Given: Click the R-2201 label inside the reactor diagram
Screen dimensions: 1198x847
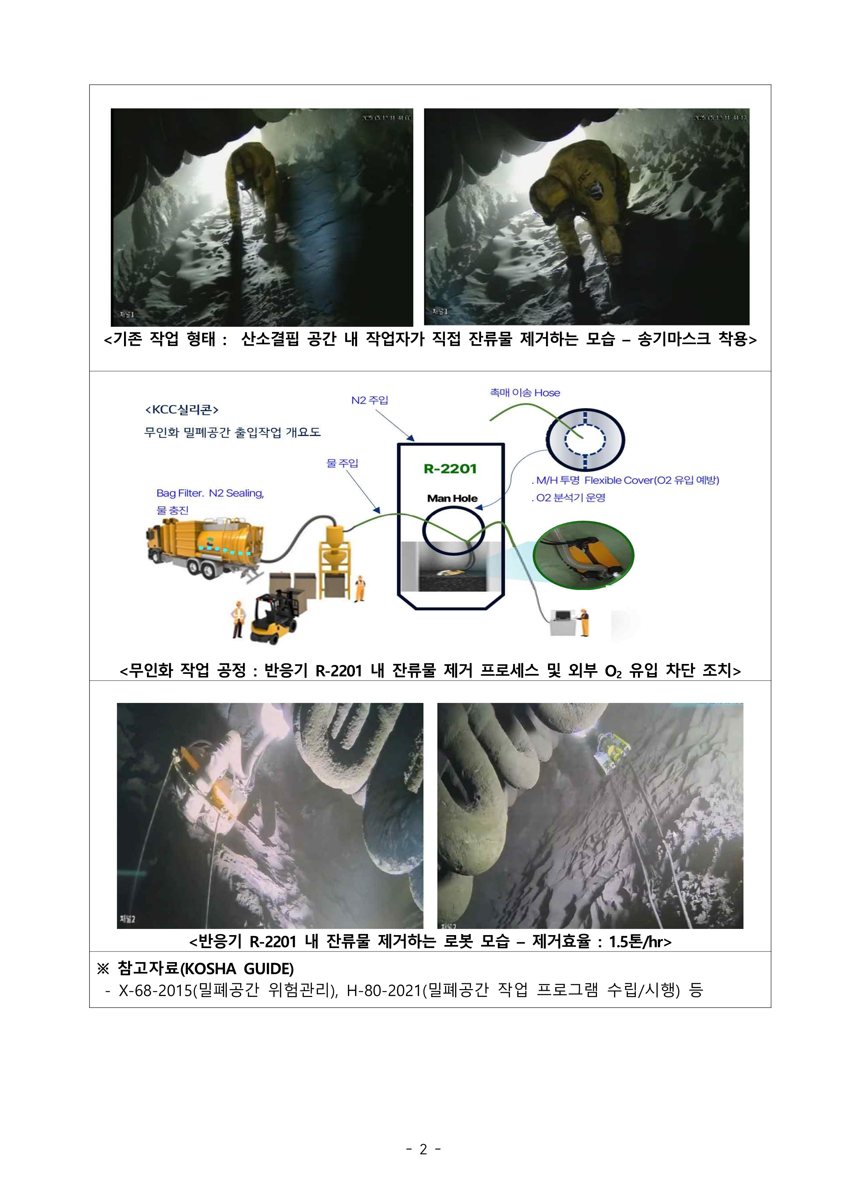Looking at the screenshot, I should (x=450, y=468).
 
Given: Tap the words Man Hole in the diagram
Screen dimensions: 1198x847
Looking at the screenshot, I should (x=452, y=498).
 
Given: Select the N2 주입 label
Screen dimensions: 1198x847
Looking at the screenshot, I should (x=369, y=400).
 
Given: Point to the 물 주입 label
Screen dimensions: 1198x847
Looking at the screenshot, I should (x=342, y=463).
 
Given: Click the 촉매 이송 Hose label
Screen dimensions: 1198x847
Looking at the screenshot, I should (x=525, y=393).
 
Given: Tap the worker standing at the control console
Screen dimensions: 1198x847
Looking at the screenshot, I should (x=584, y=622).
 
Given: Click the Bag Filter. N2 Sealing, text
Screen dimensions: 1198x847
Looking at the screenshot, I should (x=210, y=493).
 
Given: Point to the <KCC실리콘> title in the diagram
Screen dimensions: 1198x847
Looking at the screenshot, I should (x=181, y=410).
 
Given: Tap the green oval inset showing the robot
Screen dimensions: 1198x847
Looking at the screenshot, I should (x=583, y=555).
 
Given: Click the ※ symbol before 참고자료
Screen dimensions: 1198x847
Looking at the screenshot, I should (x=103, y=969).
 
